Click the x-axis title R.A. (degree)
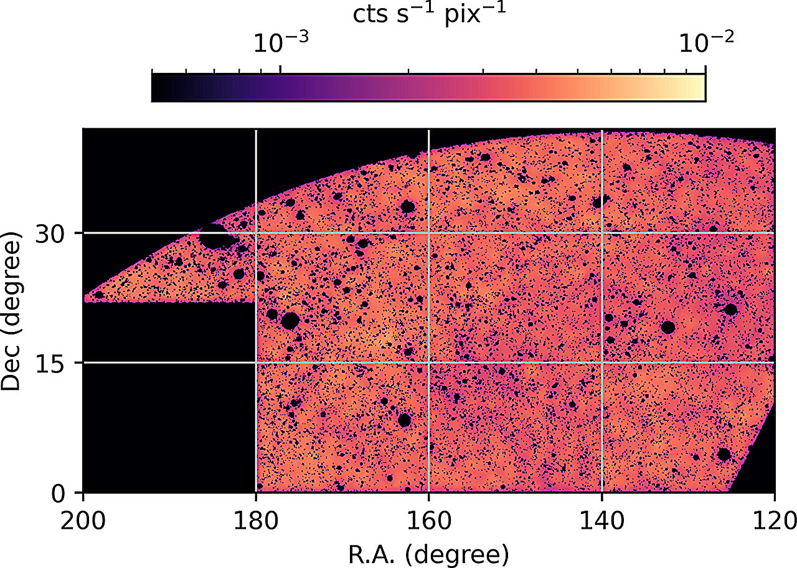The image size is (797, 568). click(428, 551)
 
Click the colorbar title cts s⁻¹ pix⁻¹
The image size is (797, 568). click(428, 14)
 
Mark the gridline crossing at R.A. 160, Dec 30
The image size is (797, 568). click(428, 234)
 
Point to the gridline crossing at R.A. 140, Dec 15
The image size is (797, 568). click(601, 362)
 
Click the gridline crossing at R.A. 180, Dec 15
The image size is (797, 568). click(256, 362)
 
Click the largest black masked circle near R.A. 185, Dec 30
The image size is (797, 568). click(214, 237)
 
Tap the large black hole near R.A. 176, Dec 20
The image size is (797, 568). click(290, 321)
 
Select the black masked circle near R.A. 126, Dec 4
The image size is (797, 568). click(724, 454)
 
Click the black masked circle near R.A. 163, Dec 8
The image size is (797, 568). click(404, 420)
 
